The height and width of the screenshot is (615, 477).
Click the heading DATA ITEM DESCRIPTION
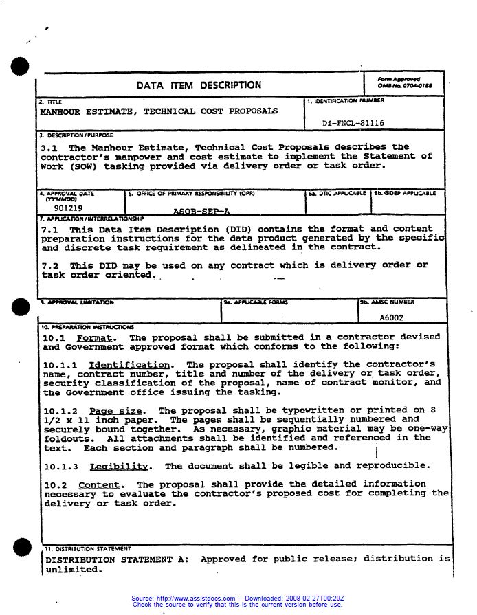coord(199,85)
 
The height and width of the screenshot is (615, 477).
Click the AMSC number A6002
coord(392,318)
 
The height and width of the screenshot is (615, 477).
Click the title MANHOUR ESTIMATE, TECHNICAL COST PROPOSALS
coord(159,111)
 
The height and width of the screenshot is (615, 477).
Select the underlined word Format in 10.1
coord(96,337)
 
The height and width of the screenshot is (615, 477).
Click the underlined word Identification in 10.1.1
coord(130,364)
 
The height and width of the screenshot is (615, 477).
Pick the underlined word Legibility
coord(119,466)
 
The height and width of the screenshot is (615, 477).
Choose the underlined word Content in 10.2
coord(99,484)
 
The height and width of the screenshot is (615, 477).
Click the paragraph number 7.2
coord(52,265)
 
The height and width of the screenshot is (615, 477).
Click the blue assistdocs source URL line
coord(237,599)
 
